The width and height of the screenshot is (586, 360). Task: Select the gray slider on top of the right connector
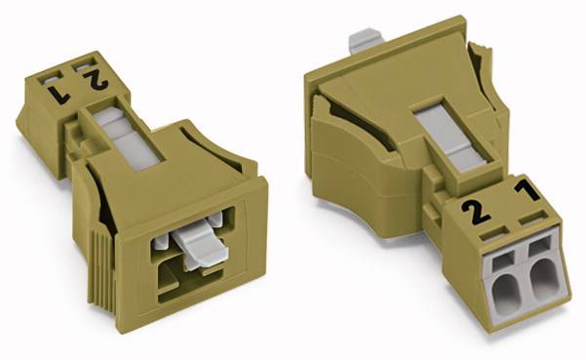coord(435,132)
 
